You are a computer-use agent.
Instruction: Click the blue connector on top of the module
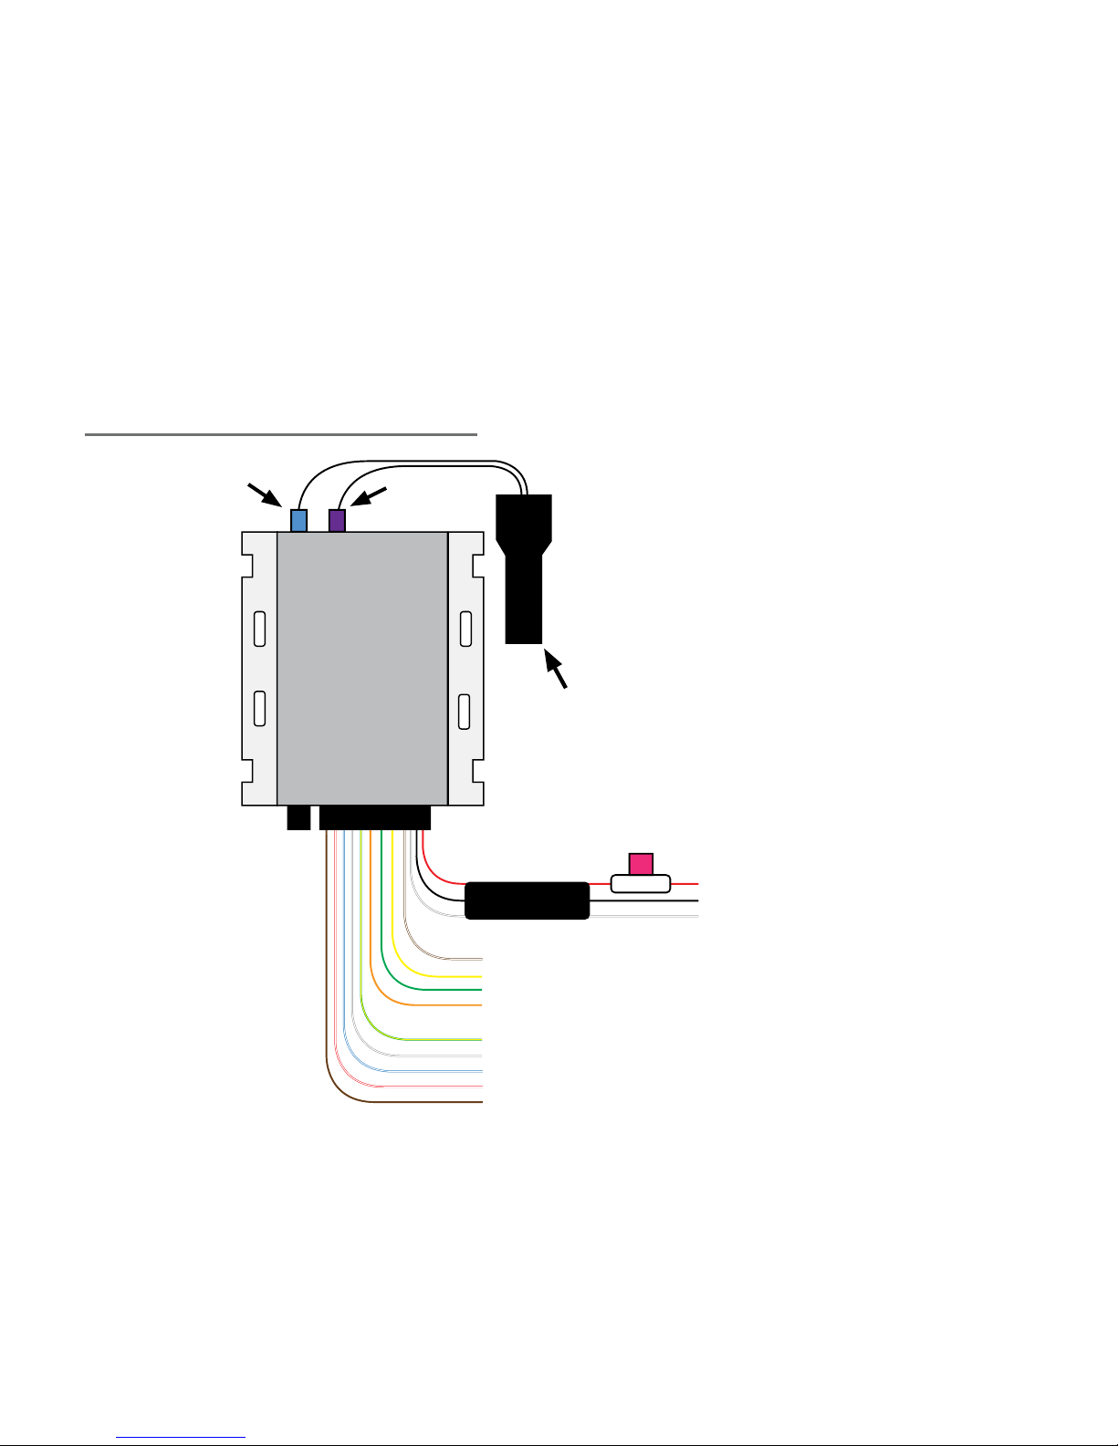click(298, 521)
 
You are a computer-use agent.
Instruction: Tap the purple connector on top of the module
click(337, 521)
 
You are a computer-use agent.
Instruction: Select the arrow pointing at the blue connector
click(264, 494)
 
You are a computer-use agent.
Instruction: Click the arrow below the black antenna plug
click(556, 668)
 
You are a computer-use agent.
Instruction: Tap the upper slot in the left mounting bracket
click(260, 629)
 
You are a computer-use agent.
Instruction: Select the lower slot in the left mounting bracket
click(260, 709)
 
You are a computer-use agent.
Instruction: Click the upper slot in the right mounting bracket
click(465, 629)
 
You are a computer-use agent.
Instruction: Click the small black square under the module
click(298, 817)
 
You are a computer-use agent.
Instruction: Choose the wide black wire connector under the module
click(374, 817)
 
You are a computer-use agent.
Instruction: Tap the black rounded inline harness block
click(527, 900)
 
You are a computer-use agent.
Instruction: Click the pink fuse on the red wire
click(641, 863)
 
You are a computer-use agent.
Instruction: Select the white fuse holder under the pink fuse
click(641, 883)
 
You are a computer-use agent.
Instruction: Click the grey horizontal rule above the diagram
click(281, 434)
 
